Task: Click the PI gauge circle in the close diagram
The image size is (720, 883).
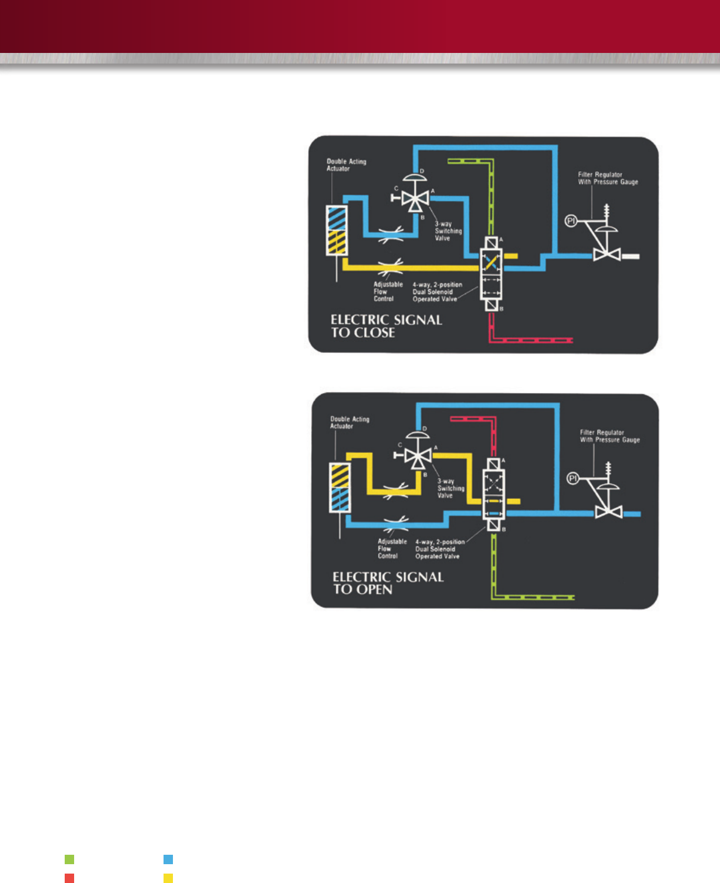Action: [x=570, y=221]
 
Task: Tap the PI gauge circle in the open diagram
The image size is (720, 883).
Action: [x=572, y=478]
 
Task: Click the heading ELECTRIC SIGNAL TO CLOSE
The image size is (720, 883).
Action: [x=386, y=326]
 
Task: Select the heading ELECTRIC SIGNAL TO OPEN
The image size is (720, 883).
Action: [x=388, y=583]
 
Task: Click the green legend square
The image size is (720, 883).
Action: [x=69, y=859]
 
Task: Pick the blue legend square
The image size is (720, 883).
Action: [x=168, y=859]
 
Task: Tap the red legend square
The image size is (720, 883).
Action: [x=69, y=878]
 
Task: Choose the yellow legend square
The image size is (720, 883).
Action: [x=168, y=878]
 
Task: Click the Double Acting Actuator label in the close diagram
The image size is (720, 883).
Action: [x=346, y=165]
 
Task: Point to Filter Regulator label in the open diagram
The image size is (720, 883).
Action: [x=609, y=436]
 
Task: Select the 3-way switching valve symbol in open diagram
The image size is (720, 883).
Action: [x=418, y=455]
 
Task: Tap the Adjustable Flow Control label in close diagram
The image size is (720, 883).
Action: [x=388, y=291]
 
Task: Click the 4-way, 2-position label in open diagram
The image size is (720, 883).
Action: [x=439, y=549]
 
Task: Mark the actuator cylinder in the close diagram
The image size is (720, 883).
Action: [x=337, y=230]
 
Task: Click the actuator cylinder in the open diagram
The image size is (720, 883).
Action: [x=340, y=488]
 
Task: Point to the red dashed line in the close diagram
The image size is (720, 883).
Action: [x=529, y=340]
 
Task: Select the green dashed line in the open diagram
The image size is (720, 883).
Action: [x=529, y=597]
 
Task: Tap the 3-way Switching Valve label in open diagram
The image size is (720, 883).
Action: [x=451, y=488]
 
